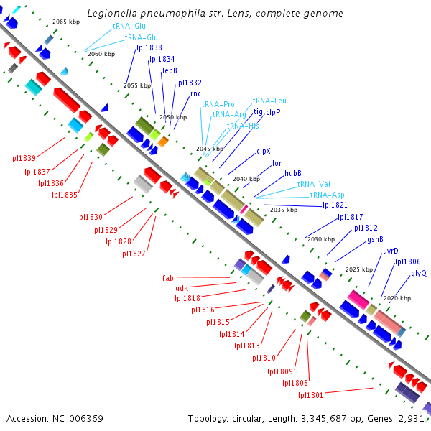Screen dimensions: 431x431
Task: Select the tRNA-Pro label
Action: pos(218,104)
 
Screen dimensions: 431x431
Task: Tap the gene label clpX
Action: pos(264,152)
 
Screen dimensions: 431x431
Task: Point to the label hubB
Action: pos(292,173)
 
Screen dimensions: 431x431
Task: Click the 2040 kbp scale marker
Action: pos(246,179)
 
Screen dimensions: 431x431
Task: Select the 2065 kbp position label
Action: pos(66,22)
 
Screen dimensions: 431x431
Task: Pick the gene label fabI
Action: pos(169,277)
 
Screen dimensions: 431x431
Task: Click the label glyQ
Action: pos(419,273)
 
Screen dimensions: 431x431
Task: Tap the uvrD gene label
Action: pos(391,251)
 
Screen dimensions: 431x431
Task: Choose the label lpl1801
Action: pos(311,394)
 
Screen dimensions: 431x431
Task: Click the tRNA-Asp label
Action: pos(327,195)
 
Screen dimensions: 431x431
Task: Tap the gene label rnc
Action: pos(195,94)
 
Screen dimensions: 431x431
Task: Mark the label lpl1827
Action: pos(133,253)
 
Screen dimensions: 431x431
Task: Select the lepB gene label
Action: pos(170,70)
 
